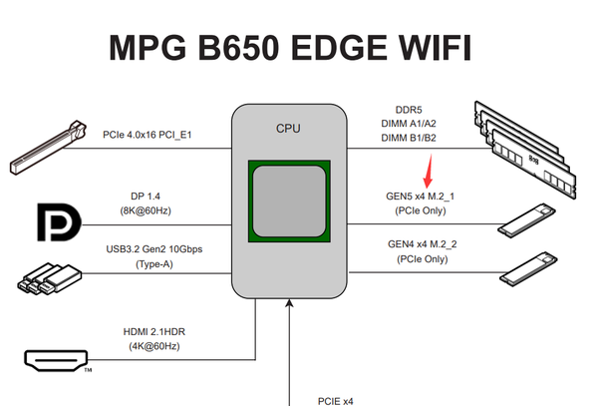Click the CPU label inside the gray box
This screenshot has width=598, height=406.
289,128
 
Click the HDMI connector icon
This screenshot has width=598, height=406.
57,358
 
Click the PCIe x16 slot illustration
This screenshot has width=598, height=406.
50,146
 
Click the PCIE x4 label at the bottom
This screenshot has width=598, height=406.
336,401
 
